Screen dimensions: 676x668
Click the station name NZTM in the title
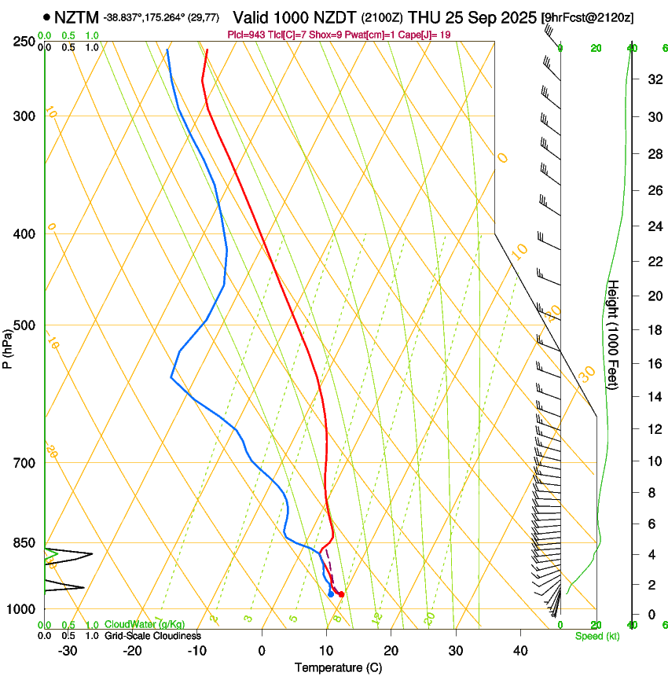pos(76,17)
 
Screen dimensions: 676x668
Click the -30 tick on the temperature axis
pos(68,651)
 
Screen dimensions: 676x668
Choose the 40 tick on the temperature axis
pos(520,651)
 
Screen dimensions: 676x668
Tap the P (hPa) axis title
pos(7,346)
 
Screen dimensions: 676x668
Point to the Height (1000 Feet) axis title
pos(614,334)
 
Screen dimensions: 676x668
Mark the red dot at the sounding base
pos(340,594)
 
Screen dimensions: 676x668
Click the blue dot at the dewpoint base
pos(331,594)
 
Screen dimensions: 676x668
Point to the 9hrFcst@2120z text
pos(588,17)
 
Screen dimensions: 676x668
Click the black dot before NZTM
pos(48,17)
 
